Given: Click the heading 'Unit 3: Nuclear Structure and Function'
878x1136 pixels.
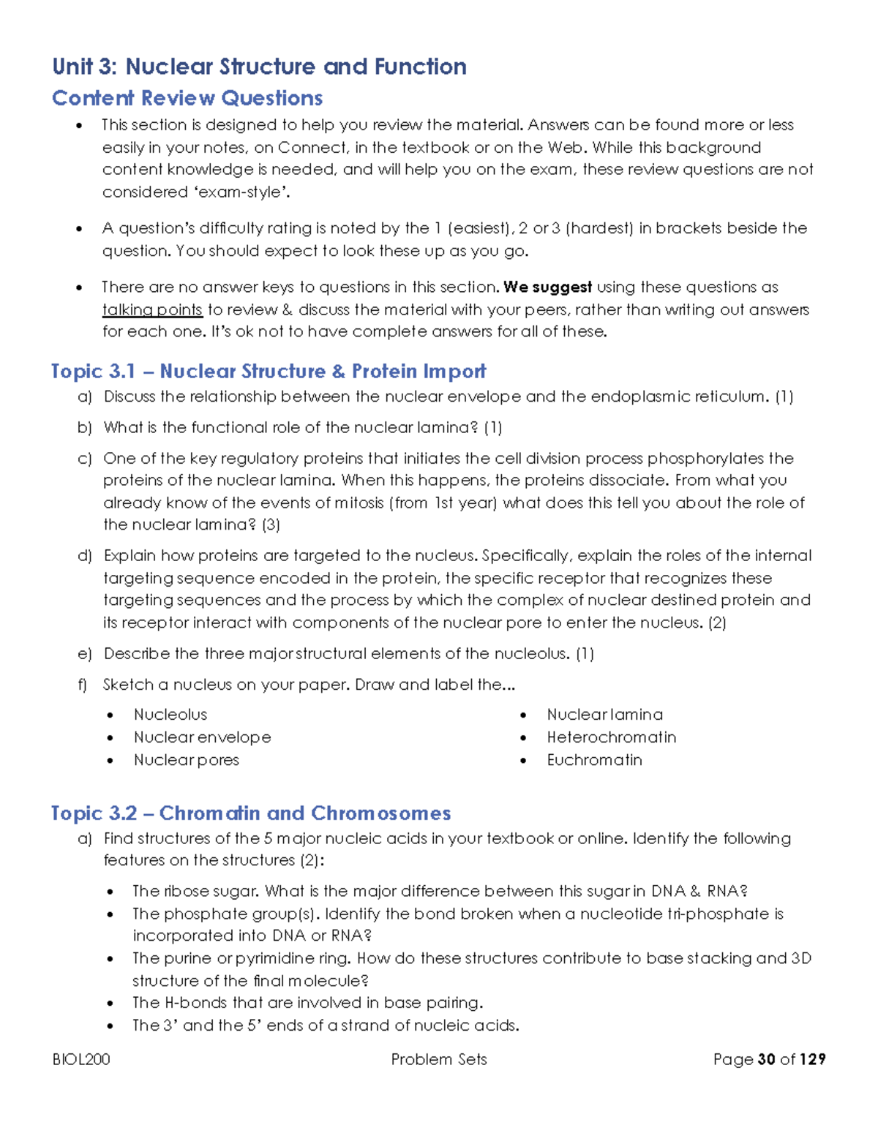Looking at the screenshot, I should pyautogui.click(x=259, y=67).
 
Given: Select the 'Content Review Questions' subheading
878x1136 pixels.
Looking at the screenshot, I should pyautogui.click(x=187, y=98).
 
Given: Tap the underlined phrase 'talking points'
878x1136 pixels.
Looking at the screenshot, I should pyautogui.click(x=152, y=309).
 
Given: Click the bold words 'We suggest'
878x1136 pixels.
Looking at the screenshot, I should pyautogui.click(x=547, y=287).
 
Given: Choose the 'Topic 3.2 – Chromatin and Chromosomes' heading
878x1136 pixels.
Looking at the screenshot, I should pyautogui.click(x=251, y=813).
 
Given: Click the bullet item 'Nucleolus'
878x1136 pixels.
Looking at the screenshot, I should pyautogui.click(x=170, y=715).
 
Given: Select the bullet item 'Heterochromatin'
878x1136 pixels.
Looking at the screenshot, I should pyautogui.click(x=611, y=737).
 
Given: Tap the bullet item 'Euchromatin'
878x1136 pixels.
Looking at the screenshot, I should pyautogui.click(x=594, y=760).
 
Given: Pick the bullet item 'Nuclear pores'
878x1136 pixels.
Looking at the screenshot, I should pyautogui.click(x=186, y=760).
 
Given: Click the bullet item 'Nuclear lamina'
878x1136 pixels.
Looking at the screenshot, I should pyautogui.click(x=604, y=715).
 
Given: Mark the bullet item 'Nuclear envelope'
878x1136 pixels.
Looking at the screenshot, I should pyautogui.click(x=202, y=737).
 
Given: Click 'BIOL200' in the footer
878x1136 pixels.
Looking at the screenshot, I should pyautogui.click(x=81, y=1059).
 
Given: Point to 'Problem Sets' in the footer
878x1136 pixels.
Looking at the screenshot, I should pyautogui.click(x=439, y=1059).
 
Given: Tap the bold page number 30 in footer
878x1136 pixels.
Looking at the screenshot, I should pyautogui.click(x=767, y=1059).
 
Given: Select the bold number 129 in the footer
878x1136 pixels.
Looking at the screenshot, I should pyautogui.click(x=812, y=1059).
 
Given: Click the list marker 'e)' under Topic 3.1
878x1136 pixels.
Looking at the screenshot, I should pyautogui.click(x=85, y=654).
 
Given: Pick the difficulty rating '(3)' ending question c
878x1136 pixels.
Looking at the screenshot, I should pyautogui.click(x=271, y=524).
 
